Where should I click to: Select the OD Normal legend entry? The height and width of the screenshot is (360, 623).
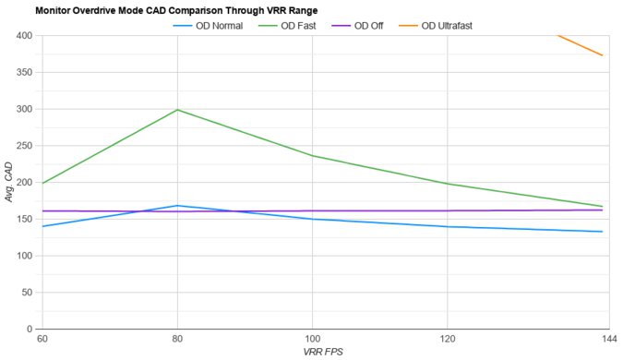207,25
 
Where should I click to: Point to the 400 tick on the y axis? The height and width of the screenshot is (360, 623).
24,36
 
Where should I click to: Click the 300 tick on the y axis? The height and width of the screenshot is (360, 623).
24,109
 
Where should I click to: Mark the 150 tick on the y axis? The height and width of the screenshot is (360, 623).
24,219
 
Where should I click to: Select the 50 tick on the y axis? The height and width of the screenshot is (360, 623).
27,292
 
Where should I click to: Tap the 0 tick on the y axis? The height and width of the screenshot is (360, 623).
30,329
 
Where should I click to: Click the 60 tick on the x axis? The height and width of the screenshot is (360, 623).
42,341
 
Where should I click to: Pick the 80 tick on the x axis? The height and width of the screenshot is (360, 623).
177,341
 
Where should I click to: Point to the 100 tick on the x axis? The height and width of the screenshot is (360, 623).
312,341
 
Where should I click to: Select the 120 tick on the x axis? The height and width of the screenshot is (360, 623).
448,341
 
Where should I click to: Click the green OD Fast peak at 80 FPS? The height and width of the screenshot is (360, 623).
177,110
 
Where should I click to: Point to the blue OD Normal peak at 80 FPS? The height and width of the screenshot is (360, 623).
177,206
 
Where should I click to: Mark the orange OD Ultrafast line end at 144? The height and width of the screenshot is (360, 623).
602,55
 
